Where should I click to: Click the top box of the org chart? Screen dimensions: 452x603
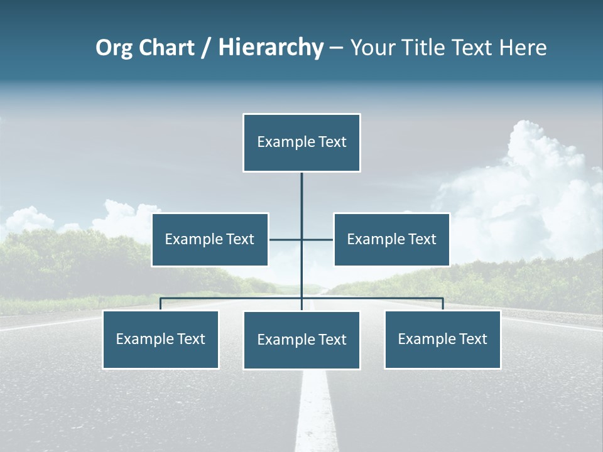301,143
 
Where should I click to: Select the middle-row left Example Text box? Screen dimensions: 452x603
210,239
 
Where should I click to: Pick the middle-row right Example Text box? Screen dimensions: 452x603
391,239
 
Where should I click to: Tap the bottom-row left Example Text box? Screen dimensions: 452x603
161,339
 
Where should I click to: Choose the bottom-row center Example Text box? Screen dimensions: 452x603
301,340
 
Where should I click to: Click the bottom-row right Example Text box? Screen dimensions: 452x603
442,339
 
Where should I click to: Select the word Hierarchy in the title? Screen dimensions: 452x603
270,48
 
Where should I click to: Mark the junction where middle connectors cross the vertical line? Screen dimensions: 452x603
301,239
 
